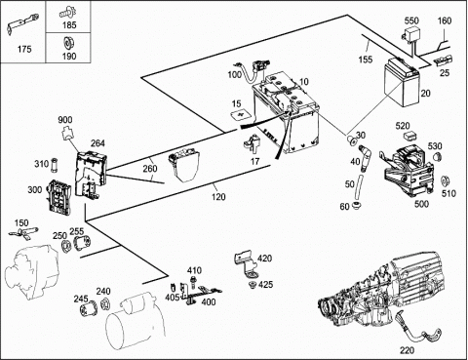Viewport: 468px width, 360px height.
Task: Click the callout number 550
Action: click(x=411, y=20)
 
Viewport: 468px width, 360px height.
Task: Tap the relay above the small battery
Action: click(x=410, y=34)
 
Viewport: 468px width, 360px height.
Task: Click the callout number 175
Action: click(x=24, y=49)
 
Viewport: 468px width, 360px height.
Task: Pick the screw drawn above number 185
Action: click(x=67, y=13)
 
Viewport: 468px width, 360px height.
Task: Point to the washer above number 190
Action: click(x=68, y=43)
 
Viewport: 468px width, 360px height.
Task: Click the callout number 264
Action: click(x=97, y=143)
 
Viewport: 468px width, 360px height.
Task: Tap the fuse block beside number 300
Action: click(x=59, y=198)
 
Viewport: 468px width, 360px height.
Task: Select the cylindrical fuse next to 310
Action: click(x=55, y=165)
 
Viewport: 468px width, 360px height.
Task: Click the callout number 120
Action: click(x=218, y=197)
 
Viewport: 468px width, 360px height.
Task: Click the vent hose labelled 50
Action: click(x=358, y=187)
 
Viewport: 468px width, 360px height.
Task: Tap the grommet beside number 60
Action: click(x=357, y=205)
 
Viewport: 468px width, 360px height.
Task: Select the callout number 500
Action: click(x=421, y=204)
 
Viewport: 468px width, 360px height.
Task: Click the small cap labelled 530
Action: click(x=438, y=156)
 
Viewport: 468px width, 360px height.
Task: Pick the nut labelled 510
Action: click(x=445, y=181)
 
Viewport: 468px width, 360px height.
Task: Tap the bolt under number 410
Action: click(x=193, y=282)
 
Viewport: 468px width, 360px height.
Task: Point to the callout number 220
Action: click(x=407, y=350)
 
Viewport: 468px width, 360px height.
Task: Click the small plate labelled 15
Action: click(x=240, y=115)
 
